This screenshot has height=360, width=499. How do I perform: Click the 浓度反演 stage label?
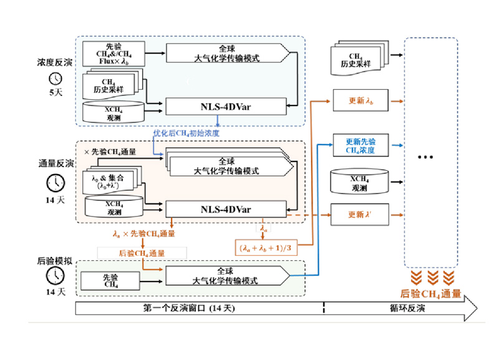tap(55, 64)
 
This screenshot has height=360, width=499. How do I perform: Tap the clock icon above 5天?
tap(56, 79)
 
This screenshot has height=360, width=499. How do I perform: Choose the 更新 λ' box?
tap(361, 215)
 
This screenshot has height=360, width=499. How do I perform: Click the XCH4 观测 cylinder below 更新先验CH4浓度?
tap(361, 182)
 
